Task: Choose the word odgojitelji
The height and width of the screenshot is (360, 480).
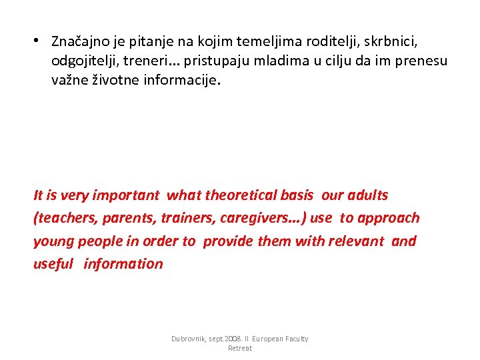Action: coord(84,61)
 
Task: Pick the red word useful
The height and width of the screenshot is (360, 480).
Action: coord(53,263)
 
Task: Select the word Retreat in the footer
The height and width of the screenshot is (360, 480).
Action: coord(240,349)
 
